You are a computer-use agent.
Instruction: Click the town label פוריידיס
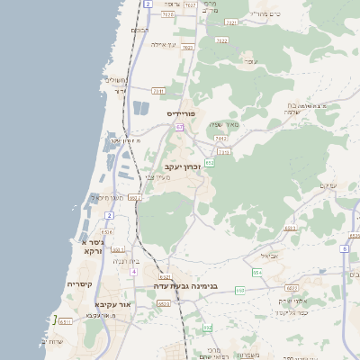[x=181, y=114]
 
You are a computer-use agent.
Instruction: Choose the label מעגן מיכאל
[x=106, y=197]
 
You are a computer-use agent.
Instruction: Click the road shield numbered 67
[x=180, y=127]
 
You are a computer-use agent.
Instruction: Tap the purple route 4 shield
[x=132, y=271]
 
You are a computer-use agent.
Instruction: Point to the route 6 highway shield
[x=345, y=247]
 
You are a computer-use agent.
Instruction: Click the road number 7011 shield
[x=158, y=90]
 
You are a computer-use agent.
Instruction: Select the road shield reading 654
[x=257, y=272]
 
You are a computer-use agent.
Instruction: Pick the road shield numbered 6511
[x=65, y=320]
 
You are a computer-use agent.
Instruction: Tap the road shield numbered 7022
[x=221, y=40]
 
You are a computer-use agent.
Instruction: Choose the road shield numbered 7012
[x=220, y=139]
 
